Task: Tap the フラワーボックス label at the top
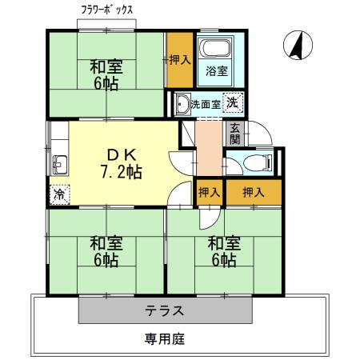107,10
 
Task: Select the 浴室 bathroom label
217,70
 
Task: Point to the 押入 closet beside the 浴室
180,58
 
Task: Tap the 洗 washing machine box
232,102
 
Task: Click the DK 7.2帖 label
121,161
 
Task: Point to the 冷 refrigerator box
59,194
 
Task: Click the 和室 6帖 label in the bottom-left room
106,250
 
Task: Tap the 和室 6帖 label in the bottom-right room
222,250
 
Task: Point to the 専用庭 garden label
165,338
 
